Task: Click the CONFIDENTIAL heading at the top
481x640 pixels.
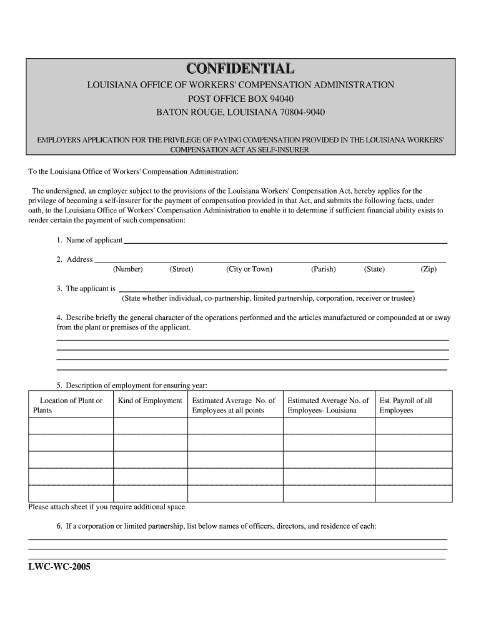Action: click(241, 68)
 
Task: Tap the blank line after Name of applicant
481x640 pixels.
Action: click(285, 241)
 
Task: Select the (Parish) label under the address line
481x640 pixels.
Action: click(323, 269)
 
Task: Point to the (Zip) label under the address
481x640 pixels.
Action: click(429, 269)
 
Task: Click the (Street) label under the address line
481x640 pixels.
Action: click(181, 269)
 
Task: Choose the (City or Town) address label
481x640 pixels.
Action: click(249, 269)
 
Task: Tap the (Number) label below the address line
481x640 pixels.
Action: click(128, 269)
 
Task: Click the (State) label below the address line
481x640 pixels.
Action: click(374, 269)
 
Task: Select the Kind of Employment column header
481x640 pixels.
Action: click(150, 401)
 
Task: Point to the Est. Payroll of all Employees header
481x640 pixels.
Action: click(405, 405)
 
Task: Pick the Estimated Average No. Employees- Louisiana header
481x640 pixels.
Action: click(328, 405)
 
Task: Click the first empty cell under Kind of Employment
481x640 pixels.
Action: click(150, 426)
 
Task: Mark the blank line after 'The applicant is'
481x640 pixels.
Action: click(265, 289)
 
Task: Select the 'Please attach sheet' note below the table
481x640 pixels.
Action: click(106, 507)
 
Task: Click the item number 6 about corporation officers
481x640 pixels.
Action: click(59, 526)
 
